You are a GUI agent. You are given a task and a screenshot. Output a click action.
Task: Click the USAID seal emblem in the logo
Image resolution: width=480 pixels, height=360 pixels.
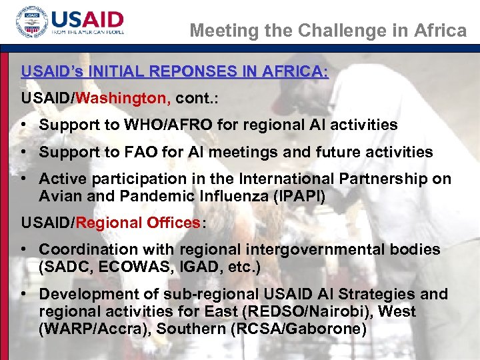click(31, 25)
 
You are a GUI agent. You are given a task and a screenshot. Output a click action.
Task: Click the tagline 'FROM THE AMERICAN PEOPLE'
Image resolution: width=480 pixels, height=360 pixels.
click(88, 32)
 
